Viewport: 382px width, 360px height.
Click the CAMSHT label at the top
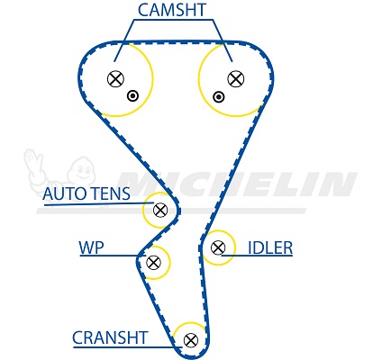point(172,10)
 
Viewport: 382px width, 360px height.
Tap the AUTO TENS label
point(86,193)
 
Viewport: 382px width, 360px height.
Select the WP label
point(91,247)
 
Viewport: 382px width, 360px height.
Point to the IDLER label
point(270,247)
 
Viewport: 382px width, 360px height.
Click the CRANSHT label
point(110,337)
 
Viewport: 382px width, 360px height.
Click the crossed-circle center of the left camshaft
point(115,79)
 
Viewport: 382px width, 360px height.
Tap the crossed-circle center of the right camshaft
point(236,78)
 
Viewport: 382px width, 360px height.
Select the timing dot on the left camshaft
point(132,96)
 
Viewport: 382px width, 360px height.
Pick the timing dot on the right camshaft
point(218,97)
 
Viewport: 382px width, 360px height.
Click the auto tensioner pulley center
point(160,210)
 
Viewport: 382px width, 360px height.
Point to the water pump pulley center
point(153,263)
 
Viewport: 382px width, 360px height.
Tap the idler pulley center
point(218,247)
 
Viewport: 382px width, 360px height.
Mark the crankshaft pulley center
point(191,340)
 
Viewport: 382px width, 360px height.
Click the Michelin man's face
point(82,172)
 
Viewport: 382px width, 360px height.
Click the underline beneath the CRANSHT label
point(128,347)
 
